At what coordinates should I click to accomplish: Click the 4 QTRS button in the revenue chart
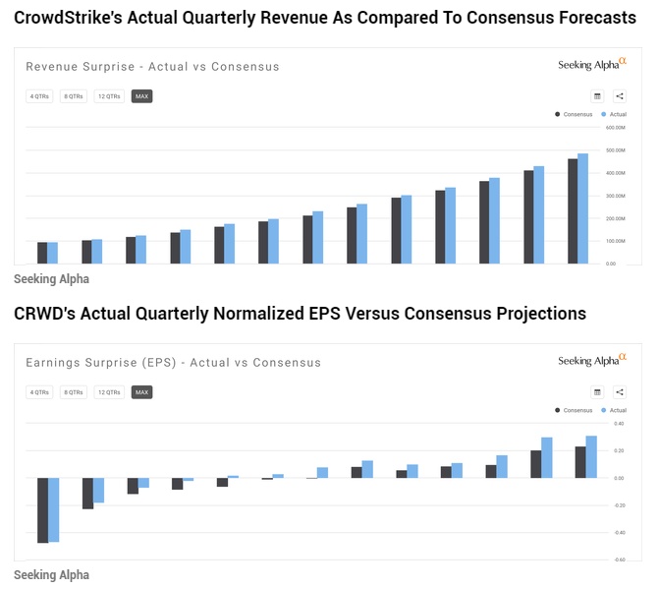tap(39, 96)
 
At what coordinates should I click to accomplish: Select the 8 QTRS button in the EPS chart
tap(74, 392)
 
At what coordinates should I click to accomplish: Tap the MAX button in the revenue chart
tap(141, 96)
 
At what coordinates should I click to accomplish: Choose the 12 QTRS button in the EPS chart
tap(108, 392)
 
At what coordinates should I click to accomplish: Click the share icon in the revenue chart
tap(620, 96)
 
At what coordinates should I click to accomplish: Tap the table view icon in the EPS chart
tap(597, 392)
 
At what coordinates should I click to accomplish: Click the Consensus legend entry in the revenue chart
tap(576, 114)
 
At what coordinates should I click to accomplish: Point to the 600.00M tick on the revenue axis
tap(616, 128)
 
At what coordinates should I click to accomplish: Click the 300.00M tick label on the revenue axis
tap(616, 196)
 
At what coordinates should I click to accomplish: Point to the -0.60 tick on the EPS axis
tap(618, 560)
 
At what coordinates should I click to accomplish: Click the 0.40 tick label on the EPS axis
tap(619, 424)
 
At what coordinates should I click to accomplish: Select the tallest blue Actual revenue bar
tap(582, 208)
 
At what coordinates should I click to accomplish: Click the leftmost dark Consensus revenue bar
tap(42, 253)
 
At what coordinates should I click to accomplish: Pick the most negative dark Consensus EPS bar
tap(42, 510)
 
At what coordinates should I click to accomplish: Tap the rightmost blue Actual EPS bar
tap(591, 457)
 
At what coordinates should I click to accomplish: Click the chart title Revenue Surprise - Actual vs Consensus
tap(152, 67)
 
